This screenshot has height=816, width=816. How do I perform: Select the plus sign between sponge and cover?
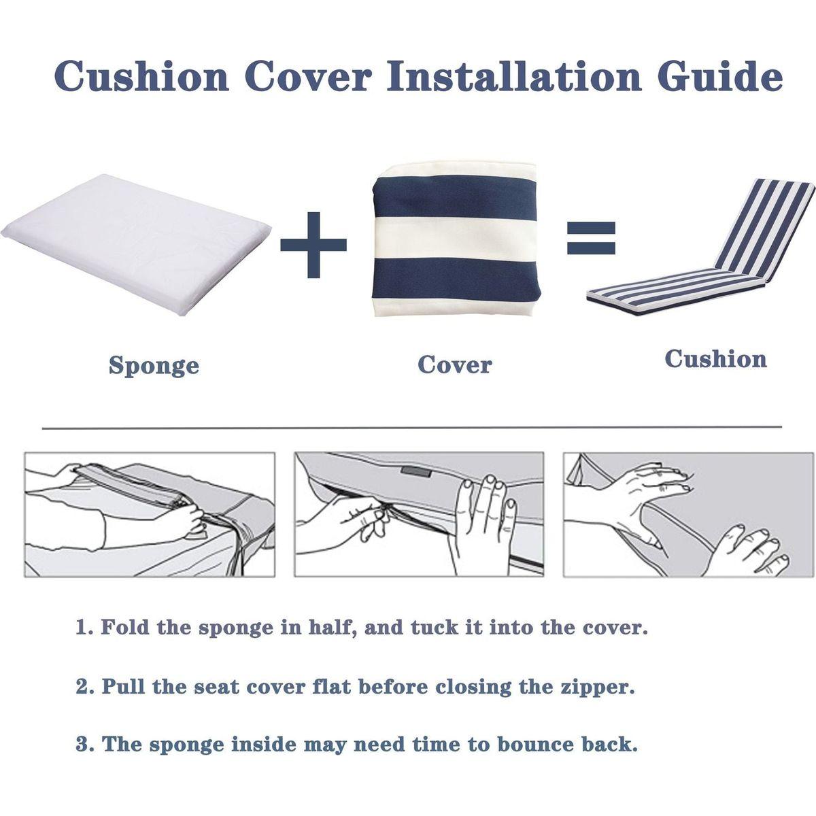point(313,245)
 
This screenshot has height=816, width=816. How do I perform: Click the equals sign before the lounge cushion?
point(591,238)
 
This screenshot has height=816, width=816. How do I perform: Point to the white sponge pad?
point(135,245)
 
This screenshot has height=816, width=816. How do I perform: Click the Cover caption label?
point(455,364)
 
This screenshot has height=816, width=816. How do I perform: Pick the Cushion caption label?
point(715,358)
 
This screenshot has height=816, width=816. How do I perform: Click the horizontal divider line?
point(411,428)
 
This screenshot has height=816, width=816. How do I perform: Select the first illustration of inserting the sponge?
point(150,515)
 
